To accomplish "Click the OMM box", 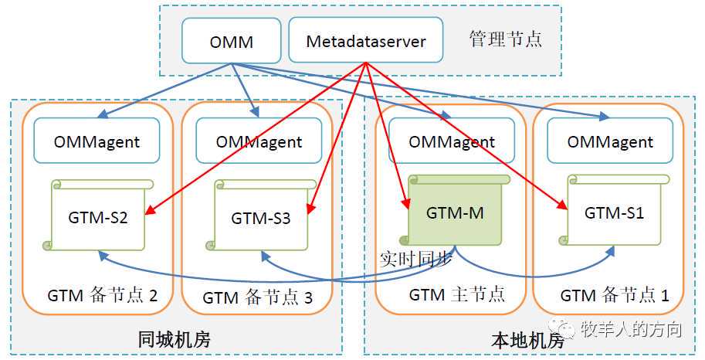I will pyautogui.click(x=231, y=41).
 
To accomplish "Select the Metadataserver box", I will pyautogui.click(x=366, y=41).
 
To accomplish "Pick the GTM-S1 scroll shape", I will pyautogui.click(x=615, y=212).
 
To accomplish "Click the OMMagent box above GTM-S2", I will pyautogui.click(x=97, y=141).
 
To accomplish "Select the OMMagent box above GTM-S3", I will pyautogui.click(x=259, y=142).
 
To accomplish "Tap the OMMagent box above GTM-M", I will pyautogui.click(x=452, y=142).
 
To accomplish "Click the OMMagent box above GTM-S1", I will pyautogui.click(x=610, y=142).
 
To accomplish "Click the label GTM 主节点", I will pyautogui.click(x=456, y=295).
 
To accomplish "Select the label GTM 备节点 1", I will pyautogui.click(x=615, y=296).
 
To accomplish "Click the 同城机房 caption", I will pyautogui.click(x=174, y=340).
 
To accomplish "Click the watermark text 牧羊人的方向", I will pyautogui.click(x=631, y=331).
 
